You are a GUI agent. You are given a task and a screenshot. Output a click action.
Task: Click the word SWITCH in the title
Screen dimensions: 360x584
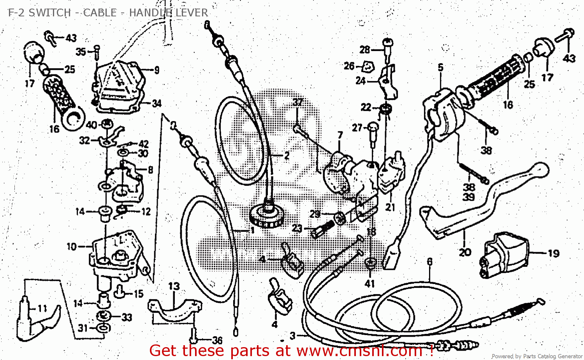49,12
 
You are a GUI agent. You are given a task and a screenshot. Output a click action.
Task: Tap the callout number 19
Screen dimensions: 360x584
553,254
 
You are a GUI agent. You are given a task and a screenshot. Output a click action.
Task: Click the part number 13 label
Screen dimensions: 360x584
174,286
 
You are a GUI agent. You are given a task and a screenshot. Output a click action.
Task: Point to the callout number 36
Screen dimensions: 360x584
217,340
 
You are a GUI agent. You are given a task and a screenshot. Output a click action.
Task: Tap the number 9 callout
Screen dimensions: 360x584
157,70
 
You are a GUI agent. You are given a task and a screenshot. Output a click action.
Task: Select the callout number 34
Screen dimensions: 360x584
157,104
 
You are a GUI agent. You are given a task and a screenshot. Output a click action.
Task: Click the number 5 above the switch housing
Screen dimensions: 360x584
440,67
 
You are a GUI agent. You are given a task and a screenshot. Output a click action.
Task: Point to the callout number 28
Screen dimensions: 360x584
364,50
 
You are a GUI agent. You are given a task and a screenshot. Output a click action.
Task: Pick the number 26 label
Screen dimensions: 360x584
349,66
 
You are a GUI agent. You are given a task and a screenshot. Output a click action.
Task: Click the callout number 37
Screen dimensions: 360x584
297,102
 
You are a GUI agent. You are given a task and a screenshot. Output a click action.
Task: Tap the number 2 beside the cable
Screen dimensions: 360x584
287,156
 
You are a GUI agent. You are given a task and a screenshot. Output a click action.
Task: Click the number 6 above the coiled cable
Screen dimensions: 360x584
429,262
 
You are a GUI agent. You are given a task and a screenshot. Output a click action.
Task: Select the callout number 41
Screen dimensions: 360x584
369,284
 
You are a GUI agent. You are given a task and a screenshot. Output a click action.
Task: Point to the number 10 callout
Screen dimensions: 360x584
72,247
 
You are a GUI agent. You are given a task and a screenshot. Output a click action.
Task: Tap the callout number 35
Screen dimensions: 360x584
81,52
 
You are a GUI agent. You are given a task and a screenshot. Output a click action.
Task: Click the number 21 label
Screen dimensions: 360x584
390,208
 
